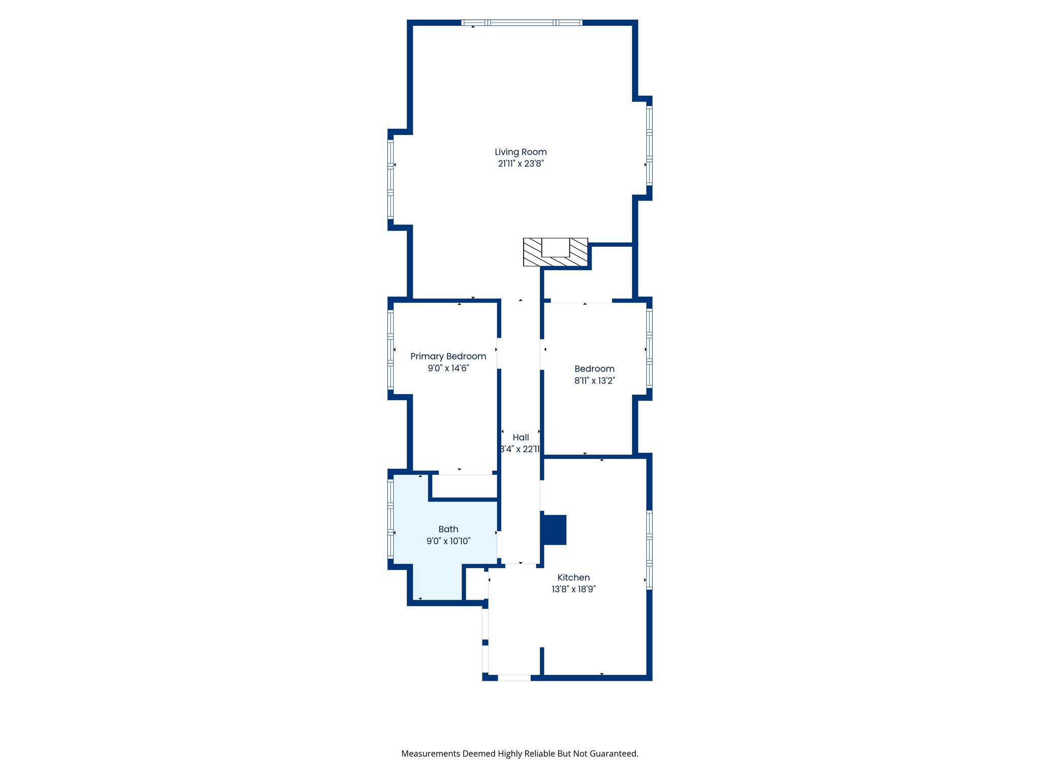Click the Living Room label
pyautogui.click(x=521, y=152)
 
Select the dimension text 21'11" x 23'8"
pyautogui.click(x=521, y=164)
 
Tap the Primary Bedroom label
pyautogui.click(x=448, y=356)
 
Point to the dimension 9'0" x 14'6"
pyautogui.click(x=448, y=368)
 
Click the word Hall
pyautogui.click(x=521, y=437)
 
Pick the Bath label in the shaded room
pyautogui.click(x=448, y=529)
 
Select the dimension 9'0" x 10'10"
pyautogui.click(x=448, y=541)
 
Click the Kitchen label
pyautogui.click(x=573, y=577)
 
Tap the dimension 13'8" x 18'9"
pyautogui.click(x=573, y=589)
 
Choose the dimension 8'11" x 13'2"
pyautogui.click(x=594, y=380)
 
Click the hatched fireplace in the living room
pyautogui.click(x=555, y=252)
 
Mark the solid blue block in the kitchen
pyautogui.click(x=554, y=530)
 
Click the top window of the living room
pyautogui.click(x=522, y=23)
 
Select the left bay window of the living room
pyautogui.click(x=391, y=179)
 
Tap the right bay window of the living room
pyautogui.click(x=649, y=145)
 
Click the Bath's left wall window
pyautogui.click(x=391, y=518)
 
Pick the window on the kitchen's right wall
pyautogui.click(x=649, y=549)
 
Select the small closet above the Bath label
pyautogui.click(x=464, y=486)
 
